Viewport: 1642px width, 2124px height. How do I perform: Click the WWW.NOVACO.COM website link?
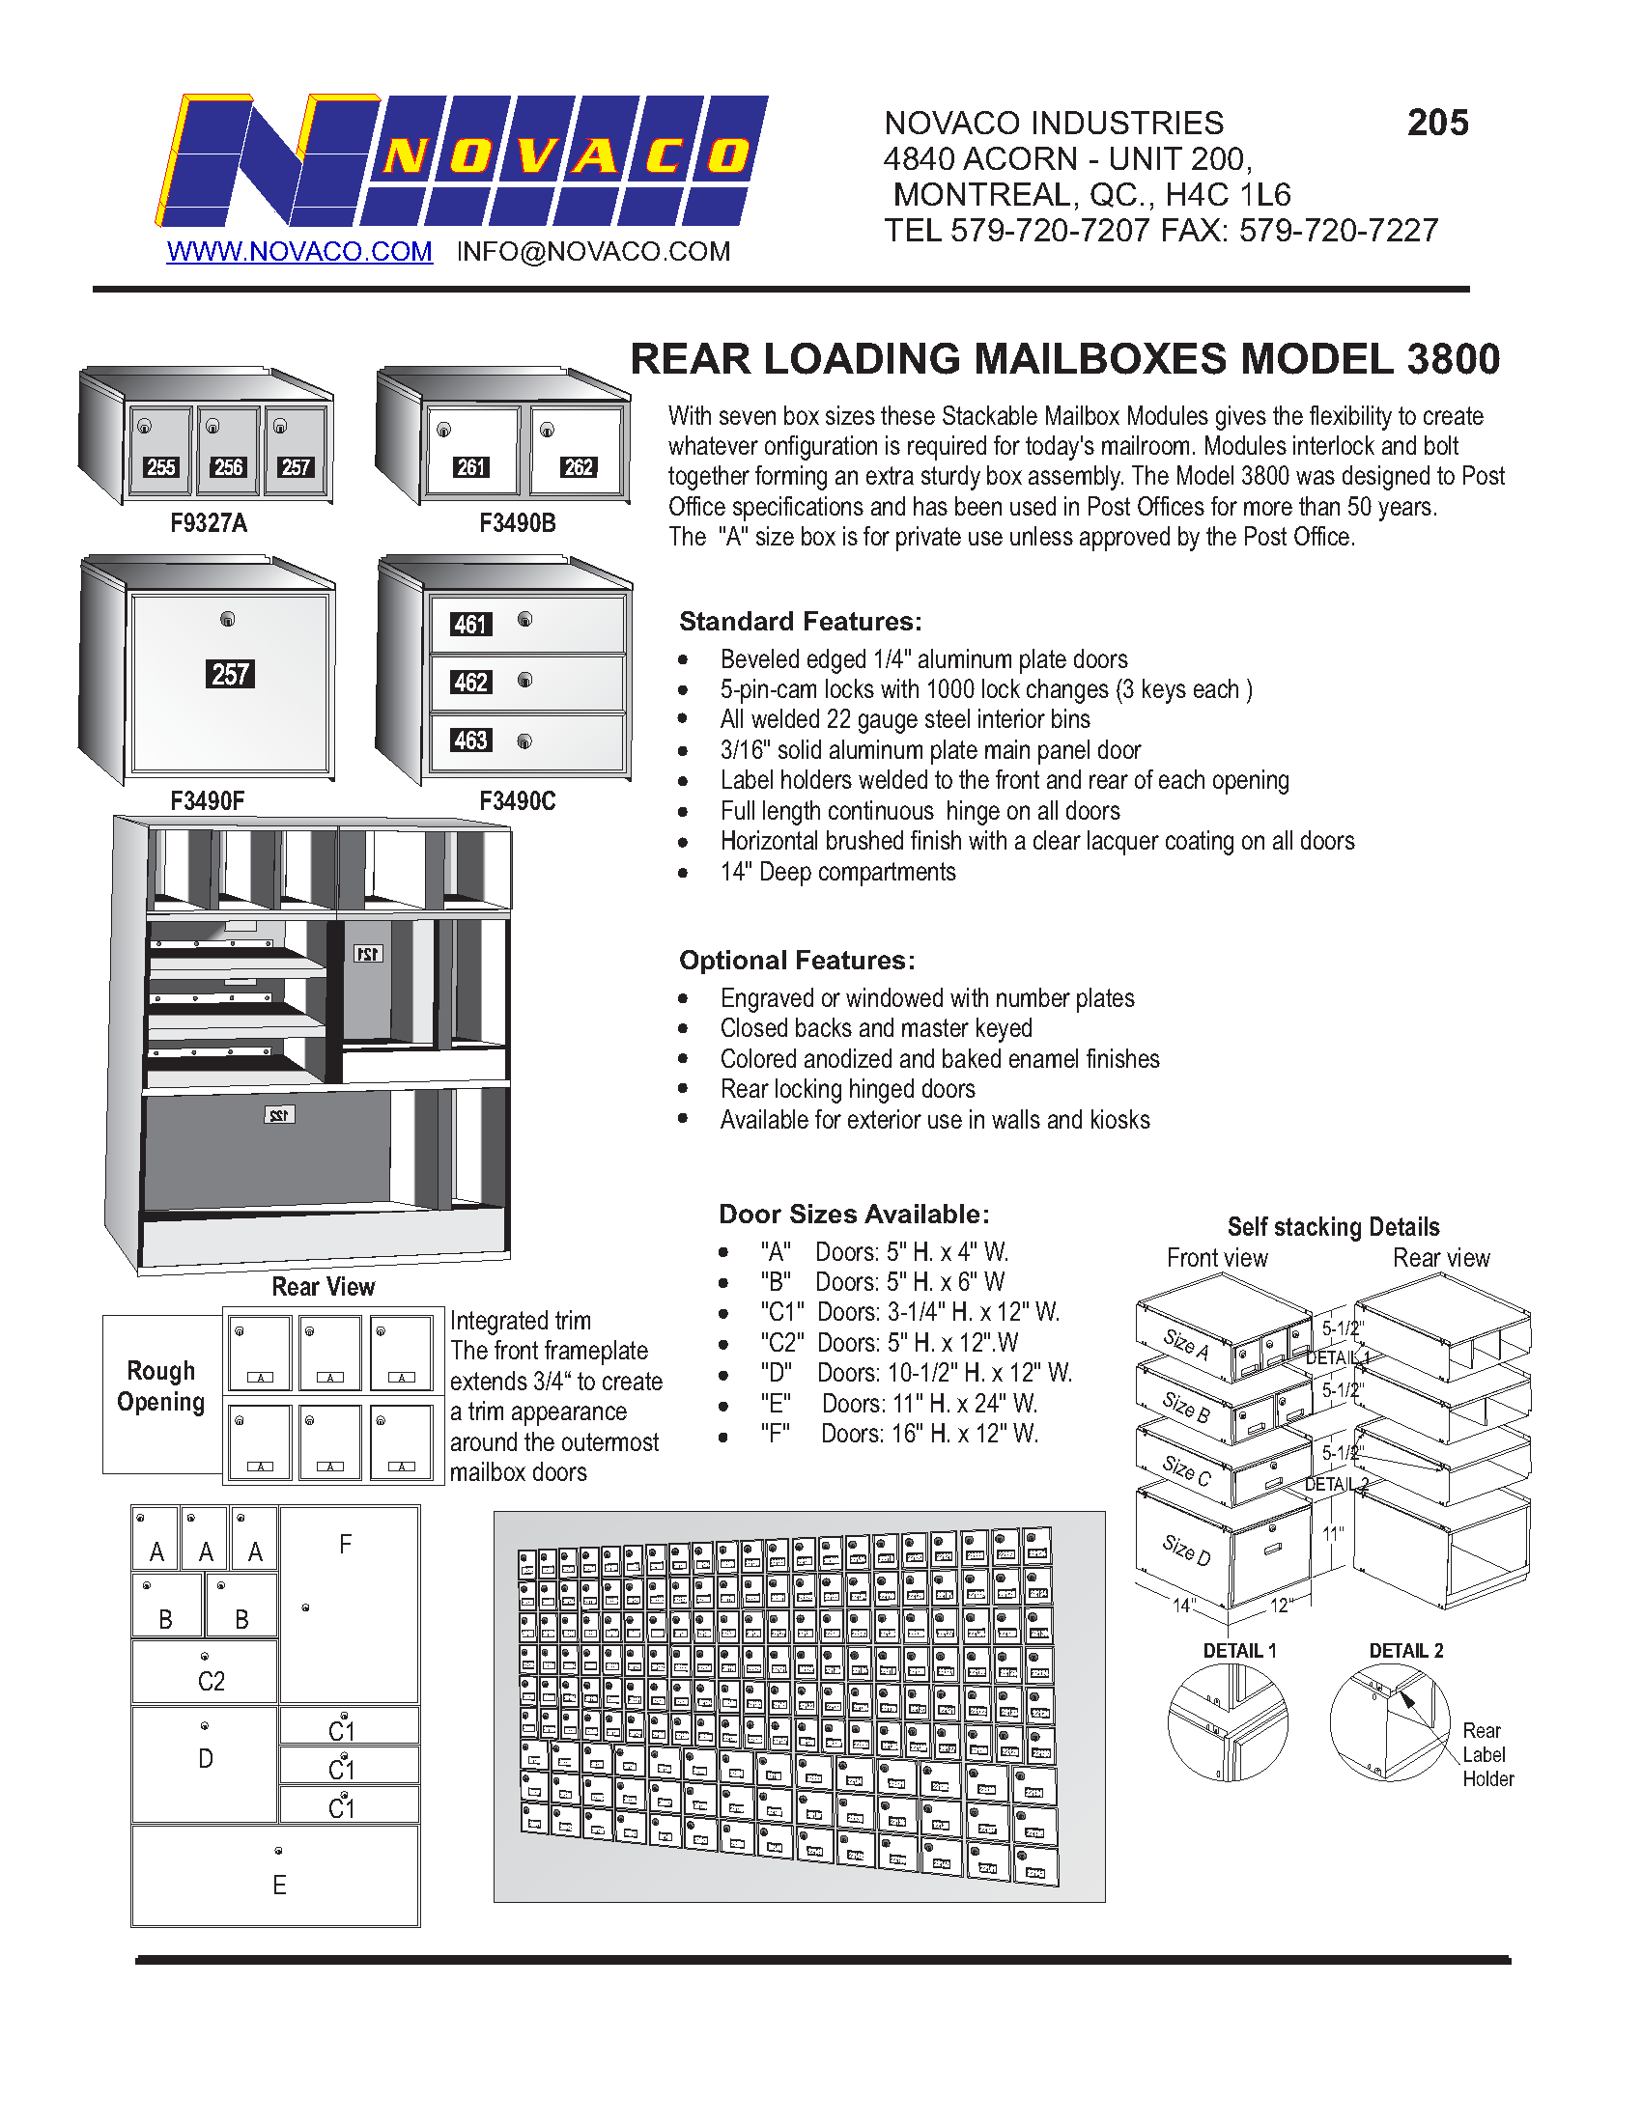pyautogui.click(x=298, y=251)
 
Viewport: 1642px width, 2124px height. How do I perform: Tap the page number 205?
pyautogui.click(x=1437, y=123)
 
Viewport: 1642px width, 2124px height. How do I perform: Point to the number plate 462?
pyautogui.click(x=470, y=682)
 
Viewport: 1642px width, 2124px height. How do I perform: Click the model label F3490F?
pyautogui.click(x=208, y=800)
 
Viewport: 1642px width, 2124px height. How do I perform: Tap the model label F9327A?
pyautogui.click(x=209, y=523)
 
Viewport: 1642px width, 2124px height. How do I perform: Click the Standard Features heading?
pyautogui.click(x=800, y=621)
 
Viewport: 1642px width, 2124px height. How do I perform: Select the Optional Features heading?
pyautogui.click(x=797, y=960)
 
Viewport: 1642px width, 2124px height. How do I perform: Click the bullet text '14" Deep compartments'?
pyautogui.click(x=837, y=872)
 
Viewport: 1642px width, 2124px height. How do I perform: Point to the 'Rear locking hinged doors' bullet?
pyautogui.click(x=847, y=1088)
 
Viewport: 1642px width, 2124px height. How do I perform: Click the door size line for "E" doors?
pyautogui.click(x=899, y=1403)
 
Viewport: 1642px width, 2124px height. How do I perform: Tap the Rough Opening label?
pyautogui.click(x=161, y=1385)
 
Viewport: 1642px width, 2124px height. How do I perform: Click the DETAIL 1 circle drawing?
pyautogui.click(x=1228, y=1722)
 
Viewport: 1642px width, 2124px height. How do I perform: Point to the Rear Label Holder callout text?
pyautogui.click(x=1487, y=1754)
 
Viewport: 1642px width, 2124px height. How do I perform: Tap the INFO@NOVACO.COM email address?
pyautogui.click(x=593, y=251)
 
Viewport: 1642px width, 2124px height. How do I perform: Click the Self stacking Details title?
pyautogui.click(x=1333, y=1226)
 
